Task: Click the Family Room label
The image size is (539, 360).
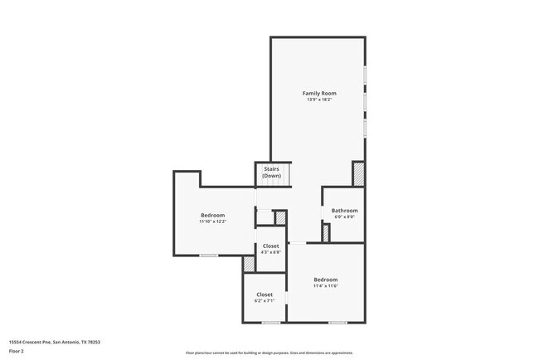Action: [318, 93]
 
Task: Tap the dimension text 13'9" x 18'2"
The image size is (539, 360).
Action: [318, 100]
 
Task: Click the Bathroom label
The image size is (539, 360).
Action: [344, 211]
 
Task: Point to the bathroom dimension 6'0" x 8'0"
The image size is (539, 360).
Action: [344, 217]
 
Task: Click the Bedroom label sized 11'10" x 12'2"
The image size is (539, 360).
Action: [213, 216]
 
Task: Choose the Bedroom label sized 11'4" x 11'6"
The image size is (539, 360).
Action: [326, 280]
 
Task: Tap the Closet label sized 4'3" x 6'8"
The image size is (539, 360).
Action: [270, 247]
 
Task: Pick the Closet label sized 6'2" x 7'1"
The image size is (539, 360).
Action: [265, 295]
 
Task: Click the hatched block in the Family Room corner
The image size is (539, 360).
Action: [358, 174]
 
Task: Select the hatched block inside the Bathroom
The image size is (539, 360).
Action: [326, 233]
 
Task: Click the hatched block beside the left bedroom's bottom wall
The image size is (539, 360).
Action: [249, 263]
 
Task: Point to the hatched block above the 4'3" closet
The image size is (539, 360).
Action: [280, 217]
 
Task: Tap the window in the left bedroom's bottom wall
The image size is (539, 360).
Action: [208, 255]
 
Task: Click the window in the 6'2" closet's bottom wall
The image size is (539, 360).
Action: [270, 322]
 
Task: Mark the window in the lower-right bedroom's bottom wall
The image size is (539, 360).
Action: [337, 322]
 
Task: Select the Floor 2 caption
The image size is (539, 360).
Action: [16, 351]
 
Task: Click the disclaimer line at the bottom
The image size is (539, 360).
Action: [269, 353]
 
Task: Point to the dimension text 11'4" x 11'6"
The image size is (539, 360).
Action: [326, 286]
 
